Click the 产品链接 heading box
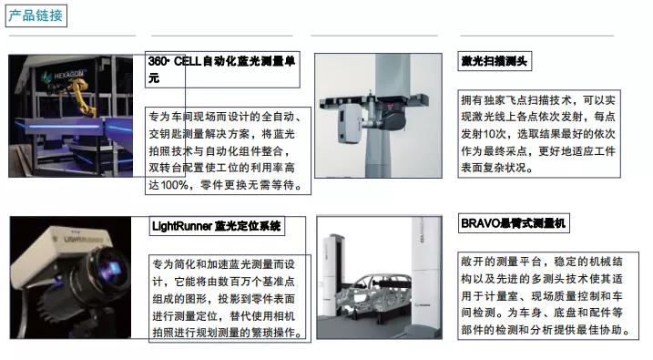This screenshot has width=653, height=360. (36, 15)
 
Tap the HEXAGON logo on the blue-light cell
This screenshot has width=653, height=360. (63, 76)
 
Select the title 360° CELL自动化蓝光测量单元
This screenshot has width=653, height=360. (222, 69)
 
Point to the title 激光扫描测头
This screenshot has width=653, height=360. (495, 61)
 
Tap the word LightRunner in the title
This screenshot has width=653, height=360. (182, 226)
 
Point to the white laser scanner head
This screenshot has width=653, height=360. (350, 123)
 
